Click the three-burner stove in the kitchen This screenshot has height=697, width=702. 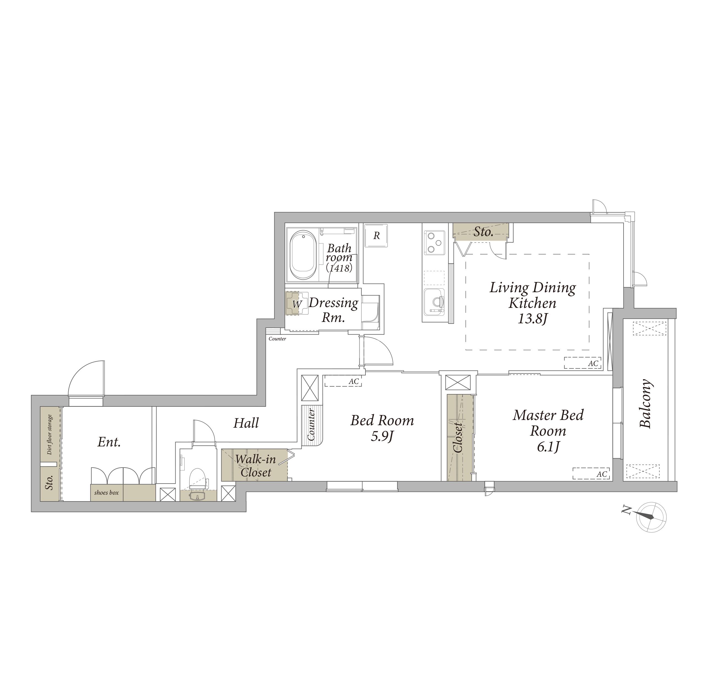tap(434, 242)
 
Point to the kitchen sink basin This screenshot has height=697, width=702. tap(434, 301)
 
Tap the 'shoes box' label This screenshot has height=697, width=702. tap(106, 493)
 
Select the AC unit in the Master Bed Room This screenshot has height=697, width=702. tap(591, 473)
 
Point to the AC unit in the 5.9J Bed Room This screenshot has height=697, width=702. tap(343, 381)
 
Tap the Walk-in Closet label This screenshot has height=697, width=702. tap(255, 466)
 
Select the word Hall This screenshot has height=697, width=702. tap(246, 423)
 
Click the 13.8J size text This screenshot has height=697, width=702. tap(532, 319)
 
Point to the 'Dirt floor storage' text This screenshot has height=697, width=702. tap(50, 435)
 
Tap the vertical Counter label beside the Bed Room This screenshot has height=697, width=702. tap(311, 424)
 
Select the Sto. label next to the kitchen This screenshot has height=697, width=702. tap(483, 232)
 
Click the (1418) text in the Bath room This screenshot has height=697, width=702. tap(339, 268)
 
